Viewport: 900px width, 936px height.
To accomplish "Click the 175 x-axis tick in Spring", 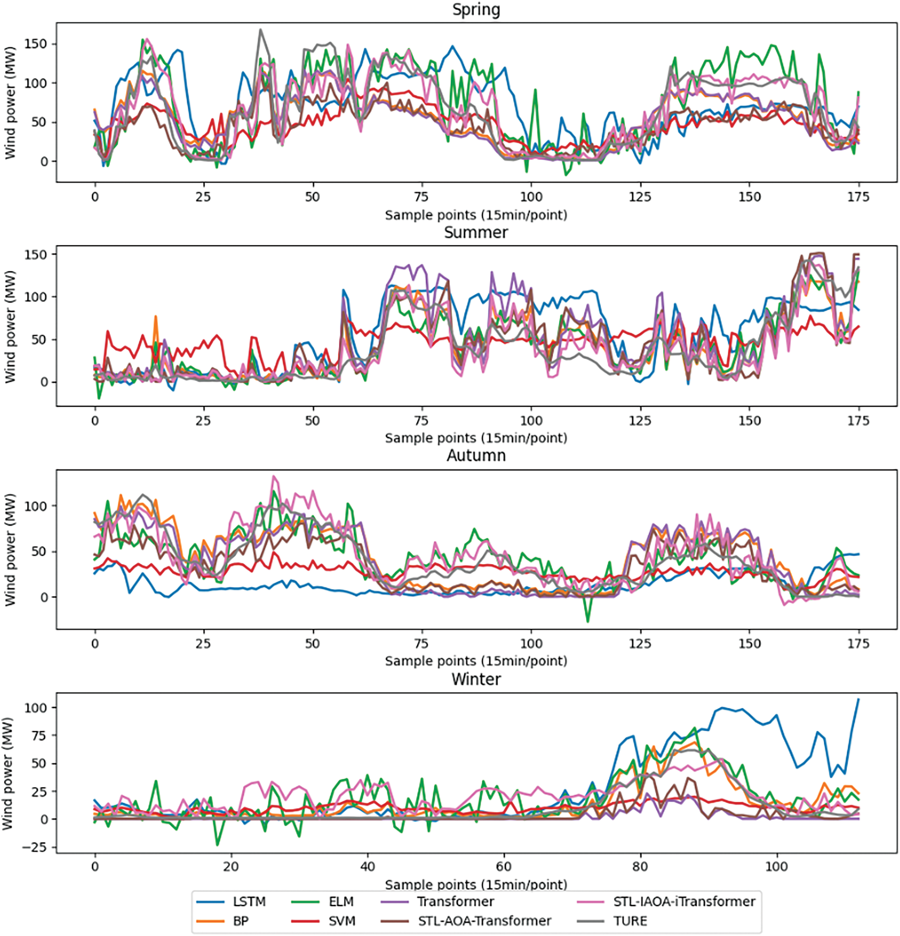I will point(858,197).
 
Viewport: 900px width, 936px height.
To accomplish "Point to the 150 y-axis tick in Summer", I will point(36,255).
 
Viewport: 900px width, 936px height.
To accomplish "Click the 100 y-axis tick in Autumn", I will point(36,506).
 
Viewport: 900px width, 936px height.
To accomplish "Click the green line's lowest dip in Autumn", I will point(587,621).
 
